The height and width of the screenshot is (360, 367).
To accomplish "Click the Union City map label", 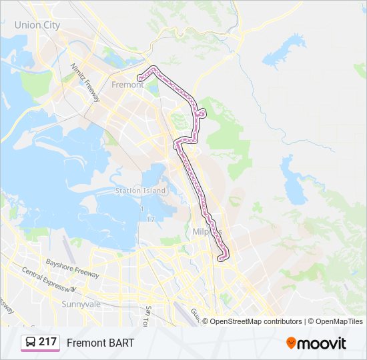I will [37, 25].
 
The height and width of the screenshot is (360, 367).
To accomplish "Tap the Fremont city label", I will [127, 85].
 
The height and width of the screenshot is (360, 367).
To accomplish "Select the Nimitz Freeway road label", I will [85, 82].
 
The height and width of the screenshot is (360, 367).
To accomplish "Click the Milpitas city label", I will [212, 231].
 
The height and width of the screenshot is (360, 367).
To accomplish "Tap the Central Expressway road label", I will [49, 279].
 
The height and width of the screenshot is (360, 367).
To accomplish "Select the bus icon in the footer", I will [30, 343].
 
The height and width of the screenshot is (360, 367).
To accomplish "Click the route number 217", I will [47, 342].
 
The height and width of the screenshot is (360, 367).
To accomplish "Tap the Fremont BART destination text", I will [101, 343].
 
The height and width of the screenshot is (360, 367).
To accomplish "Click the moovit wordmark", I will [323, 343].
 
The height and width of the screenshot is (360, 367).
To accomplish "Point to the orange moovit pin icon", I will [292, 343].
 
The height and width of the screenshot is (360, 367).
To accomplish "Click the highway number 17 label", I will [151, 219].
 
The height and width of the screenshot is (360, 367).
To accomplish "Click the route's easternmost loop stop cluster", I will [202, 113].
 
